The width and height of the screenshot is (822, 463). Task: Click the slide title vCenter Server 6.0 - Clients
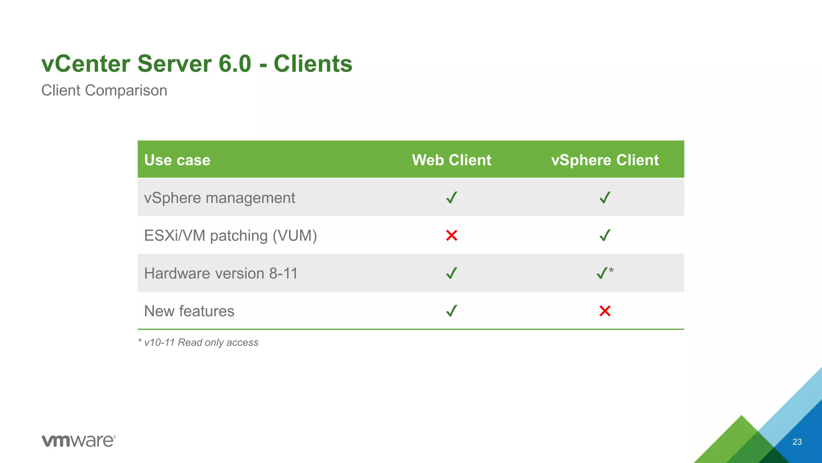[197, 64]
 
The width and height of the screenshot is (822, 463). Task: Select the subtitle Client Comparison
[104, 90]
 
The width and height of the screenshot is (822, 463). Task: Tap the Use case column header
[177, 160]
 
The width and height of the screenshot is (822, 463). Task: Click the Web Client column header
[452, 160]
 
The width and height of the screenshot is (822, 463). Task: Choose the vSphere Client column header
[605, 160]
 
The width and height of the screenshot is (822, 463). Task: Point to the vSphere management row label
[220, 198]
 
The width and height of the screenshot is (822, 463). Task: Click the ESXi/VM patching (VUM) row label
[230, 236]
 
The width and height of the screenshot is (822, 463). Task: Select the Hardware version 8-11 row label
[221, 273]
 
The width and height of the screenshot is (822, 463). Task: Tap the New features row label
[189, 311]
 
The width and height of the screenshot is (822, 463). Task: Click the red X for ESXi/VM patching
[452, 236]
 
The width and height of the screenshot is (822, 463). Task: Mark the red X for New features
[605, 311]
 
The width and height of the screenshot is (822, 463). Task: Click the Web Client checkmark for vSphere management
[452, 198]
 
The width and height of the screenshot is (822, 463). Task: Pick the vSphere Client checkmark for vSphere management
[605, 198]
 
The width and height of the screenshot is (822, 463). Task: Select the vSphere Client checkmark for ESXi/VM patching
[605, 236]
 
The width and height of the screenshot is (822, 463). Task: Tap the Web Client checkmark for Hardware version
[452, 273]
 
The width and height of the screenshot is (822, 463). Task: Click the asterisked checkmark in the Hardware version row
[603, 273]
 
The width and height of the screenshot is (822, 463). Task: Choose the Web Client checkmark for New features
[452, 311]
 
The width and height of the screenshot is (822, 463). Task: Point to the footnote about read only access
[198, 342]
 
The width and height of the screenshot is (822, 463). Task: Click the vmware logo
[79, 440]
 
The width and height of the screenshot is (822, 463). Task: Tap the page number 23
[797, 442]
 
